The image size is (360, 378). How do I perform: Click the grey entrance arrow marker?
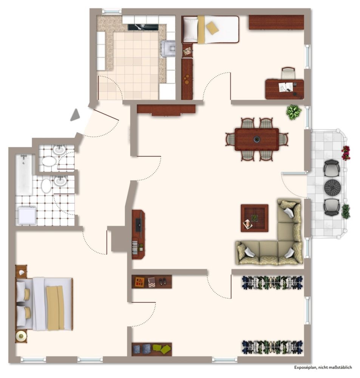click(x=76, y=115)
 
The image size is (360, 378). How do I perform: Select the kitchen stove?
click(x=168, y=48)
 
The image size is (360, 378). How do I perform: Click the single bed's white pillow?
click(x=191, y=29)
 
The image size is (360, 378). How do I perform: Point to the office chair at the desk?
click(x=288, y=73)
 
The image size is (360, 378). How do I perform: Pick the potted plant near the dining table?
click(x=294, y=112)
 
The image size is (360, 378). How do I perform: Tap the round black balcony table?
click(x=332, y=187)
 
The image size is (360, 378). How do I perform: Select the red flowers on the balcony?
click(x=346, y=153)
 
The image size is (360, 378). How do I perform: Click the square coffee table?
click(x=255, y=218)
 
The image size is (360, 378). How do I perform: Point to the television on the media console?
click(x=139, y=225)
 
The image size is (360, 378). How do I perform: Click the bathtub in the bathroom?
click(x=24, y=175)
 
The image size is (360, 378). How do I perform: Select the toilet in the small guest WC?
click(x=49, y=161)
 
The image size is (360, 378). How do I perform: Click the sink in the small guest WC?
click(x=59, y=150)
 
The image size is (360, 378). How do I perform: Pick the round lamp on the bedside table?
click(x=21, y=336)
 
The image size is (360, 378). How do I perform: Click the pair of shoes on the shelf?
click(x=162, y=281)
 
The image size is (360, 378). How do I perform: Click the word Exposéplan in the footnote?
click(x=305, y=367)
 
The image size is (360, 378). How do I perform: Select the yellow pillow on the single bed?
click(x=212, y=28)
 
